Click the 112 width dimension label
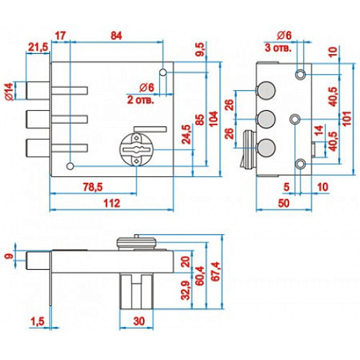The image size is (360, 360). point(112,203)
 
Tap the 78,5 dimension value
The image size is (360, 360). point(92,187)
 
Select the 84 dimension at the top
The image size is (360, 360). point(116,36)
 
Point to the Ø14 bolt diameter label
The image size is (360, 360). point(9,91)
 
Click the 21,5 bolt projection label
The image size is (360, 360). point(37,47)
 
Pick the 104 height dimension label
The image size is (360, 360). point(214,119)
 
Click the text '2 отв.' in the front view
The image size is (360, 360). point(140,100)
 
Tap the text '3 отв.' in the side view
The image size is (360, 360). point(278,48)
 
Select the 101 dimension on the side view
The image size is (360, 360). point(347,118)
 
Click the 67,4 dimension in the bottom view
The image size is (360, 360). point(217,271)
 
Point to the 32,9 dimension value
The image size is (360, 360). point(185,290)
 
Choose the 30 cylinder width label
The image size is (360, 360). point(139,321)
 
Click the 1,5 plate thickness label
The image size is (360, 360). point(37,321)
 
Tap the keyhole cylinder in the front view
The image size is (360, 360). point(136,149)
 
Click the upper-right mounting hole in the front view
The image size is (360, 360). point(163,72)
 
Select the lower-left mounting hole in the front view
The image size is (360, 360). point(70,166)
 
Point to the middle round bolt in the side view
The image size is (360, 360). point(266,119)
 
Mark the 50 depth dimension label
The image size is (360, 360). point(283,203)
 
